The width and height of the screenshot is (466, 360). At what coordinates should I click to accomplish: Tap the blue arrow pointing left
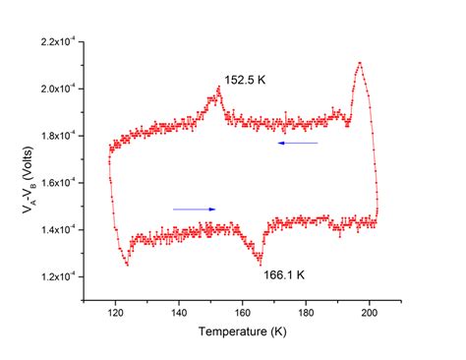pyautogui.click(x=297, y=144)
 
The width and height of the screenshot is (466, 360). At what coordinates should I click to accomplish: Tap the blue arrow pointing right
pyautogui.click(x=194, y=209)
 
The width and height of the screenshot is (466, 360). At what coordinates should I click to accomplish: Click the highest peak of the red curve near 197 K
pyautogui.click(x=360, y=63)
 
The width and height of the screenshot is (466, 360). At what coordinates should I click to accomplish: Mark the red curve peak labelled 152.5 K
pyautogui.click(x=217, y=88)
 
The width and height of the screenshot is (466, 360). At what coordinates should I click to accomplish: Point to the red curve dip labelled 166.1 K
pyautogui.click(x=261, y=264)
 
